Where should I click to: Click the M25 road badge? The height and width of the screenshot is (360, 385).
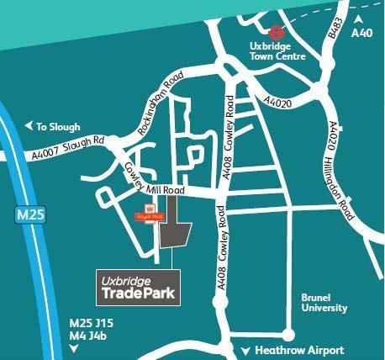[29, 216]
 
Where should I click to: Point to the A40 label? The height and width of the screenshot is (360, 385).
[361, 32]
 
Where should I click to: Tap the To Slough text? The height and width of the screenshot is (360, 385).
[57, 127]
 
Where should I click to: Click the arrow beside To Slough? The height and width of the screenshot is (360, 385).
[29, 127]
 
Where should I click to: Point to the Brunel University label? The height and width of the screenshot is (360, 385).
[324, 303]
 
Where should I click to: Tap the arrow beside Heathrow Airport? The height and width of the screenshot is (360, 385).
[245, 351]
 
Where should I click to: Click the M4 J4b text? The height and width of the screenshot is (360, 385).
[87, 338]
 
